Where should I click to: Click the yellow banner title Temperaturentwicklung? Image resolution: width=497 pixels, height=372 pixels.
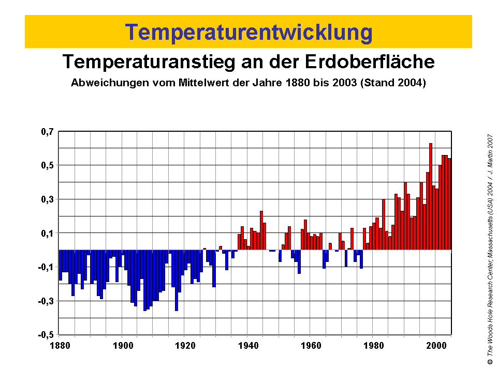[x=248, y=32]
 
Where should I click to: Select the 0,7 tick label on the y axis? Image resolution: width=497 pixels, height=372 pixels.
[x=47, y=132]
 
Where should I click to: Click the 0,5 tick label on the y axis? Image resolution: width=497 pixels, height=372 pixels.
[x=47, y=165]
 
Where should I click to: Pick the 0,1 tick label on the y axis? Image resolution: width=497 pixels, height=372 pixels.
[x=47, y=233]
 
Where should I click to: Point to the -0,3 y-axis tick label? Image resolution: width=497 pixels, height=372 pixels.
[x=46, y=301]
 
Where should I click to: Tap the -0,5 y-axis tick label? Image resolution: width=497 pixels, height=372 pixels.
[x=46, y=334]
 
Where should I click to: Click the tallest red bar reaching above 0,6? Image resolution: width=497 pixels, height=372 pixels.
[x=431, y=196]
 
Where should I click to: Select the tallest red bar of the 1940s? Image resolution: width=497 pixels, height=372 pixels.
[x=261, y=230]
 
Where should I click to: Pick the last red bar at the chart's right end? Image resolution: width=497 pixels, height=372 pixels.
[x=449, y=204]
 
